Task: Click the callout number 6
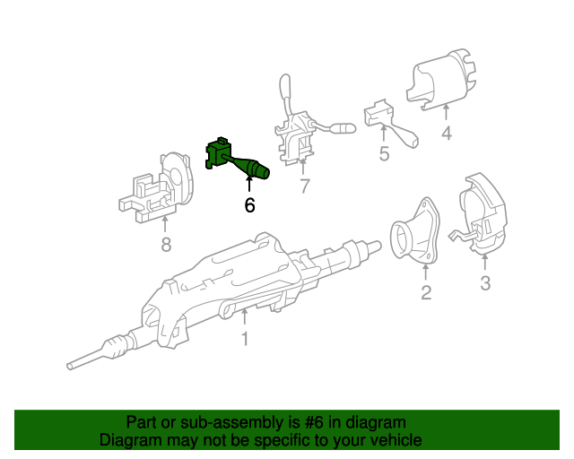pyautogui.click(x=249, y=205)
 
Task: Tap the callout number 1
pyautogui.click(x=243, y=339)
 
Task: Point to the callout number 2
pyautogui.click(x=425, y=292)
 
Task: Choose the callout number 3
pyautogui.click(x=485, y=284)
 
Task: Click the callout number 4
pyautogui.click(x=446, y=135)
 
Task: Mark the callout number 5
pyautogui.click(x=384, y=153)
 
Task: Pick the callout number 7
pyautogui.click(x=304, y=186)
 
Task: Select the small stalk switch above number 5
pyautogui.click(x=386, y=121)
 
